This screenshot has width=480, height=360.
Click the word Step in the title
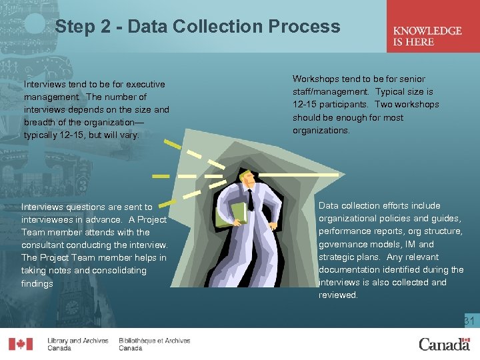pos(75,26)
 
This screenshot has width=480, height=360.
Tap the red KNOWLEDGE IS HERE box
pos(433,26)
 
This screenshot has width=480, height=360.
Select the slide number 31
pos(469,321)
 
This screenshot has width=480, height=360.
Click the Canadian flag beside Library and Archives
pos(21,344)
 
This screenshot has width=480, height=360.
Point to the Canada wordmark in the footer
pos(445,345)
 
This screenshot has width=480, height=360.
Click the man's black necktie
pos(251,200)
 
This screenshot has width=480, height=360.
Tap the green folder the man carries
pos(231,215)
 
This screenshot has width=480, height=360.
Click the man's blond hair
pos(245,175)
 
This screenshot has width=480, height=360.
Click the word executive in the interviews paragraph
pos(145,84)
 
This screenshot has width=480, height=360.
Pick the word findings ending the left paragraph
pos(37,283)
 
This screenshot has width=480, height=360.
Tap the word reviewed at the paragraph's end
pos(338,295)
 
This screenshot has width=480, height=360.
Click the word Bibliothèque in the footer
pos(138,341)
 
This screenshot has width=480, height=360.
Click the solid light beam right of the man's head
pos(299,175)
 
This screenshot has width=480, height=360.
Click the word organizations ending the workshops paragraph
pos(321,131)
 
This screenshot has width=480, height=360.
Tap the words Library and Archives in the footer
pos(78,341)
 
